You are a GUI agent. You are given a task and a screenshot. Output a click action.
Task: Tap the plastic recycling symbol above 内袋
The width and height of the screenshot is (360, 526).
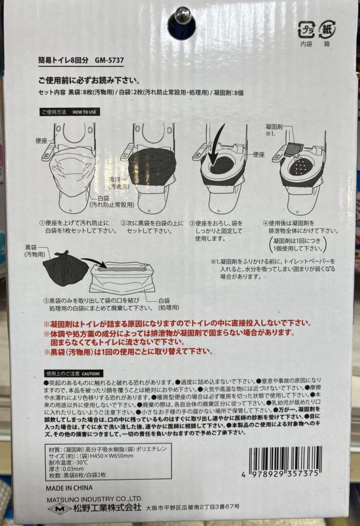click(306, 30)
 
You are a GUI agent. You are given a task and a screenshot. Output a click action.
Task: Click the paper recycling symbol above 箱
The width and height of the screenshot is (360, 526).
click(327, 30)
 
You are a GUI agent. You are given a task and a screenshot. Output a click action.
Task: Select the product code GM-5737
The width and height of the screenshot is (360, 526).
click(109, 61)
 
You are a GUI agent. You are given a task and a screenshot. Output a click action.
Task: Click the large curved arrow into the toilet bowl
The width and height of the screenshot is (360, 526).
click(216, 144)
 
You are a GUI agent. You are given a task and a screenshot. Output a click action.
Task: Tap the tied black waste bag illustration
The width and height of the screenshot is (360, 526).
click(65, 268)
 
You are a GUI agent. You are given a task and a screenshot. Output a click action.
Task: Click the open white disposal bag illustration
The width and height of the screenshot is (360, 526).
click(122, 278)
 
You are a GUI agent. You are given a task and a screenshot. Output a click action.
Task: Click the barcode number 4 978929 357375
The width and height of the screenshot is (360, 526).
click(280, 474)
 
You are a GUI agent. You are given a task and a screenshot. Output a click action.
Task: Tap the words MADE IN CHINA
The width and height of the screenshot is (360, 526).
click(69, 488)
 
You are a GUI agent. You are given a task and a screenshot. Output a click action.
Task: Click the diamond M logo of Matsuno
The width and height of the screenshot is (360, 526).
click(60, 509)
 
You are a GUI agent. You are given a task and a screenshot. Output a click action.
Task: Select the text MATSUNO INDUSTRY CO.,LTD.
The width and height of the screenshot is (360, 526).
click(94, 499)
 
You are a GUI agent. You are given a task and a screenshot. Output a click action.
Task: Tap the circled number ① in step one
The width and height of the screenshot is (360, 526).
click(42, 223)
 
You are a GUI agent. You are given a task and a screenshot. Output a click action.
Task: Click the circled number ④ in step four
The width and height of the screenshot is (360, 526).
click(266, 223)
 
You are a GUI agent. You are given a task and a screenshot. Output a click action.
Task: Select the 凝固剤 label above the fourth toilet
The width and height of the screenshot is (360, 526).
click(274, 127)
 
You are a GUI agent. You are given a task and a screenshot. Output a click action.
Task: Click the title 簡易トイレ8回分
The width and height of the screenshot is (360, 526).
click(63, 61)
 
